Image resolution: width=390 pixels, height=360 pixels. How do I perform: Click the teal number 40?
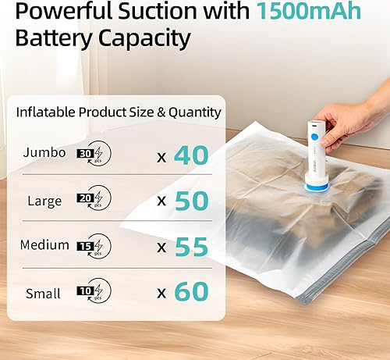point(191,156)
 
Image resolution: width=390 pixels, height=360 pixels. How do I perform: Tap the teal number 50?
point(191,201)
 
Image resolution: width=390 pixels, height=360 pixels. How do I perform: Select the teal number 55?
point(191,247)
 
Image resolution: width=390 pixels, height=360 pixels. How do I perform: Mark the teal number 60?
point(191,292)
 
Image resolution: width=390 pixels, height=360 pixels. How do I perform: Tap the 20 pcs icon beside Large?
point(94,201)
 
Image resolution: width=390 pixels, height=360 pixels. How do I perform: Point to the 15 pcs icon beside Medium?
point(94,247)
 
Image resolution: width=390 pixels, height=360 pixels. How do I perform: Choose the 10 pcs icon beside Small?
point(94,292)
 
